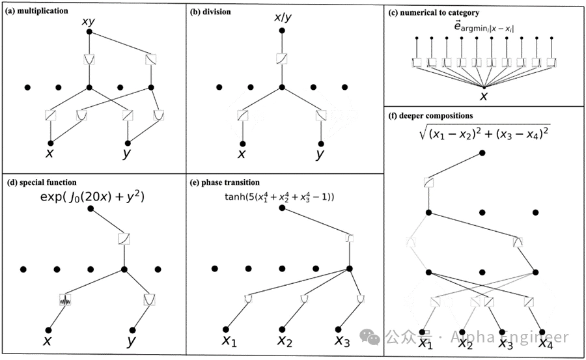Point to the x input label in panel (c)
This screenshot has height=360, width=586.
click(484, 96)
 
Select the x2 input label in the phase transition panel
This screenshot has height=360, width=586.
click(284, 340)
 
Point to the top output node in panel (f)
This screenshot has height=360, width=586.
click(482, 152)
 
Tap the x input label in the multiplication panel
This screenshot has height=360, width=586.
click(49, 154)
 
